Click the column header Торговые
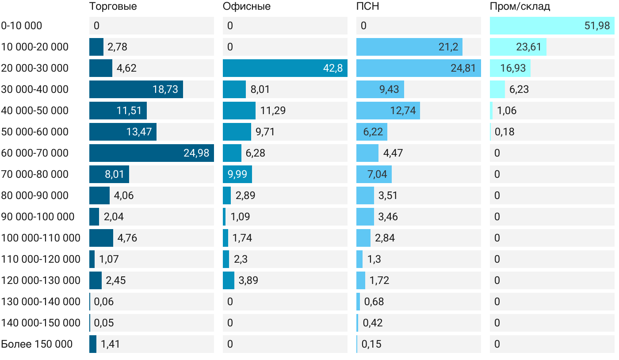pyautogui.click(x=113, y=7)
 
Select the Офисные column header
pyautogui.click(x=246, y=7)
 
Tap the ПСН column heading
pyautogui.click(x=367, y=7)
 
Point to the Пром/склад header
pyautogui.click(x=520, y=7)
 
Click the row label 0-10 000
pyautogui.click(x=22, y=26)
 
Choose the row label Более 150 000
pyautogui.click(x=37, y=344)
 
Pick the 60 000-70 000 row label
pyautogui.click(x=35, y=153)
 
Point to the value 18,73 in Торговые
pyautogui.click(x=165, y=89)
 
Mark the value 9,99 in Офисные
pyautogui.click(x=237, y=174)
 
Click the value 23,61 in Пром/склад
pyautogui.click(x=528, y=47)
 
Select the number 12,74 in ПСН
pyautogui.click(x=403, y=111)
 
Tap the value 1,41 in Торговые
pyautogui.click(x=110, y=344)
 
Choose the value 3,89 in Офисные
pyautogui.click(x=248, y=280)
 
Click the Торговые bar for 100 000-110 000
pyautogui.click(x=101, y=238)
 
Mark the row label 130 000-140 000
pyautogui.click(x=41, y=302)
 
